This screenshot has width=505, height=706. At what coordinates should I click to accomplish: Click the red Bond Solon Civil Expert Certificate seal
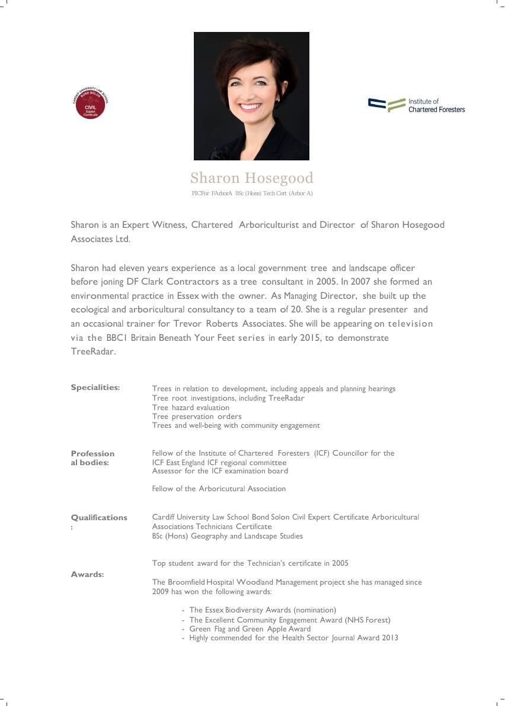click(x=90, y=104)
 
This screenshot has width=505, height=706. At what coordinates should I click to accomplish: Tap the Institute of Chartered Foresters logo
click(x=416, y=105)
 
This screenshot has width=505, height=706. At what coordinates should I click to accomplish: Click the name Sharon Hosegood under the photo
click(x=252, y=178)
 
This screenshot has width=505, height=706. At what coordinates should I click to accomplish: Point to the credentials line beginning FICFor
click(x=252, y=194)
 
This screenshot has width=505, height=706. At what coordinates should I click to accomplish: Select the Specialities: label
click(x=95, y=388)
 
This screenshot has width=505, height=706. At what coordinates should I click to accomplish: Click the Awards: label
click(x=87, y=575)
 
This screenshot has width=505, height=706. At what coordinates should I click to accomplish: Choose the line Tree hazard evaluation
click(x=190, y=408)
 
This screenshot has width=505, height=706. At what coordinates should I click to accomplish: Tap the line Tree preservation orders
click(x=197, y=417)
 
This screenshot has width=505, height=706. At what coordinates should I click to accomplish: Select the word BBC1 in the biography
click(x=117, y=338)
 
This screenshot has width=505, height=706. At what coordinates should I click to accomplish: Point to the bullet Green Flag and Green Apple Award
click(x=250, y=629)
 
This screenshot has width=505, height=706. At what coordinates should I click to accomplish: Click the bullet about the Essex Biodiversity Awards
click(x=262, y=610)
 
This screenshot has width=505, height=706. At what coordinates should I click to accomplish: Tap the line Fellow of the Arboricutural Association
click(x=219, y=489)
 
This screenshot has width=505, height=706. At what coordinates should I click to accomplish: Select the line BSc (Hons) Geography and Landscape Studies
click(x=227, y=536)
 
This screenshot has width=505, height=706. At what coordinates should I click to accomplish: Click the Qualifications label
click(x=98, y=518)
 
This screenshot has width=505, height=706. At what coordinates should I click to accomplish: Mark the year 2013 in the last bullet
click(x=389, y=638)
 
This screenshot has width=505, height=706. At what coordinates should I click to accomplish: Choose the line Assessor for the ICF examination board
click(x=220, y=471)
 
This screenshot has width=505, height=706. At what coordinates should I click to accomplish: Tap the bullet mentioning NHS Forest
click(x=289, y=620)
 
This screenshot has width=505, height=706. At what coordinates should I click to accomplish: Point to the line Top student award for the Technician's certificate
click(x=250, y=563)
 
